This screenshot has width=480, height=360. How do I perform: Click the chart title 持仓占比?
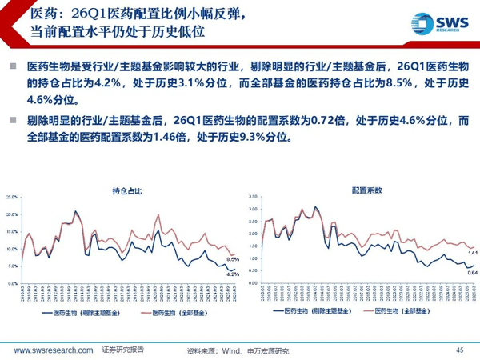coord(126,190)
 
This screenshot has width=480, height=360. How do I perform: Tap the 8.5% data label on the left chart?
coord(232,258)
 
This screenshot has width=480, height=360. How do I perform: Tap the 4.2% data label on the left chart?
coord(232,274)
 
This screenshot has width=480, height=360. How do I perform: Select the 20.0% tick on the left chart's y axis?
coord(11,214)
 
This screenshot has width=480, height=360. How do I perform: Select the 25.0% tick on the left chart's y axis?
coord(11,197)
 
